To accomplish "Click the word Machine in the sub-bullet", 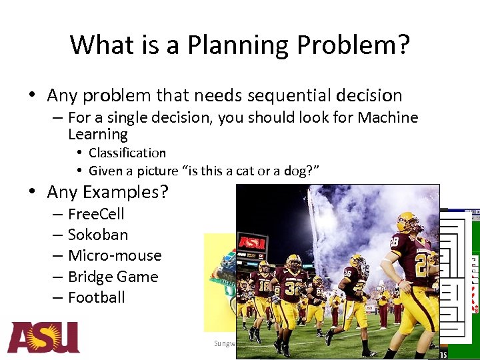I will point(388,118).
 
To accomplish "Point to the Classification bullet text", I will point(127,153).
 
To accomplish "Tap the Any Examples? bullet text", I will point(107,193).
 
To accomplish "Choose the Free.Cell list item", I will point(96,214).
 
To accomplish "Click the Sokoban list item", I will point(97,235).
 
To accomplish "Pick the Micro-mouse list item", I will point(115,256).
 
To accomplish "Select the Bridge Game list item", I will point(113,277).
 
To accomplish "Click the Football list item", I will point(96,297).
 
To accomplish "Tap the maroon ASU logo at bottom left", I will point(43,337).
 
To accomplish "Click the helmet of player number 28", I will point(407,223).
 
